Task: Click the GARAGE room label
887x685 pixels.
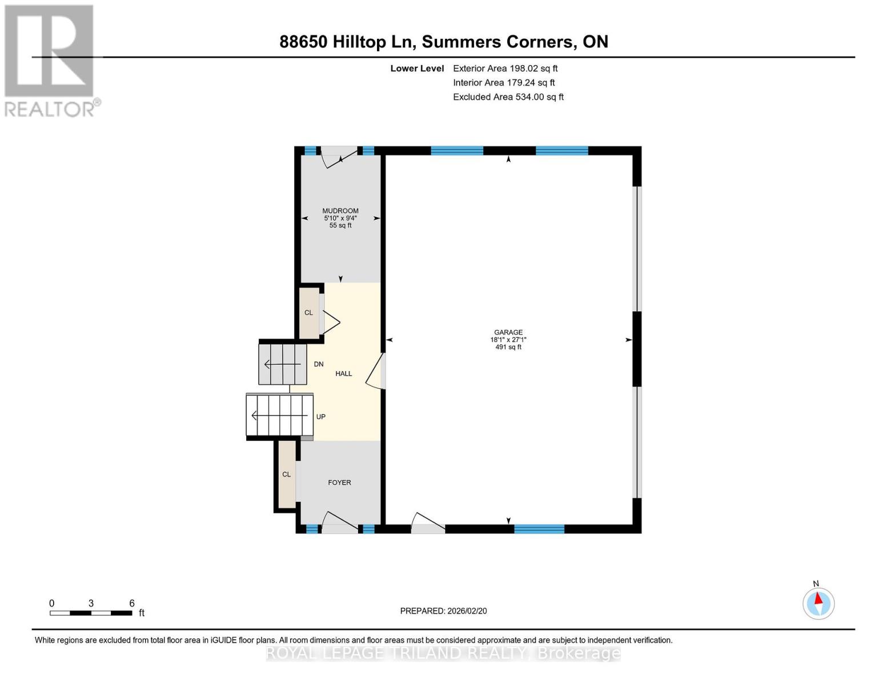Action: (x=508, y=332)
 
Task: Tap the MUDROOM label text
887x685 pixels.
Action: (x=340, y=211)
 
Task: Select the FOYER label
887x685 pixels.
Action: (x=339, y=482)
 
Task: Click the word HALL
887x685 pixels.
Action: (x=343, y=373)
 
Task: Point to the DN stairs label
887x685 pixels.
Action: (x=319, y=364)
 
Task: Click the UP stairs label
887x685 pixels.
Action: (x=320, y=417)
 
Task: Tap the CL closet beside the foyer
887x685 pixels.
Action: (x=287, y=474)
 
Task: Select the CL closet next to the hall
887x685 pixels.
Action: (x=309, y=312)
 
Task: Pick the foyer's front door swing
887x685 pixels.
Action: (x=340, y=522)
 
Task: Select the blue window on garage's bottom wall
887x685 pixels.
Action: (x=539, y=529)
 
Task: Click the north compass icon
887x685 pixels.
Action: (x=818, y=603)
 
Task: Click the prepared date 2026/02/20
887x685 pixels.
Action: (x=443, y=611)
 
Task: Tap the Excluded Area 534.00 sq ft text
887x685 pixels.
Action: (x=508, y=97)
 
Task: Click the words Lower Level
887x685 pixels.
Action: (x=417, y=68)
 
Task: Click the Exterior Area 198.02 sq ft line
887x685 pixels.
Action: (x=505, y=68)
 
